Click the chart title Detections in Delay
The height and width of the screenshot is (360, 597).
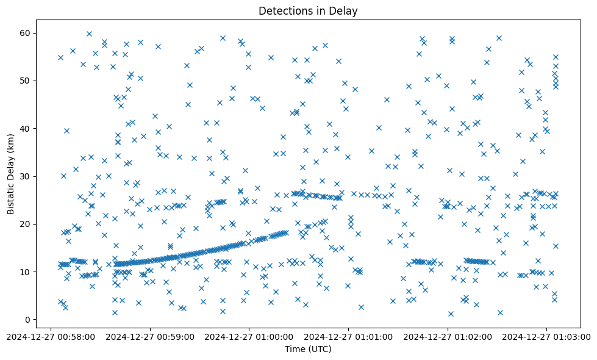tap(307, 11)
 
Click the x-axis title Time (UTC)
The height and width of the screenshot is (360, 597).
tap(307, 349)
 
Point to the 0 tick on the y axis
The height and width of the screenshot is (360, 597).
tap(28, 320)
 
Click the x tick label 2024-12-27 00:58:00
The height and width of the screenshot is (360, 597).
tap(51, 336)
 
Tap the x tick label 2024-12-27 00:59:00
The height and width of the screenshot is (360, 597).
tap(151, 336)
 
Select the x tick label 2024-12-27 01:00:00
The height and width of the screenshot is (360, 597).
tap(249, 336)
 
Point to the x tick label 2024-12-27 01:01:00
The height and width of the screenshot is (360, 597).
tap(349, 336)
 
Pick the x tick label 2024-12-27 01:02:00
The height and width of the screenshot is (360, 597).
tap(448, 336)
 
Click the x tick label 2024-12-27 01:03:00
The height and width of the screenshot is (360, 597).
tap(546, 336)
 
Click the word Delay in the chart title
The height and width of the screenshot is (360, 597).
tap(343, 11)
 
